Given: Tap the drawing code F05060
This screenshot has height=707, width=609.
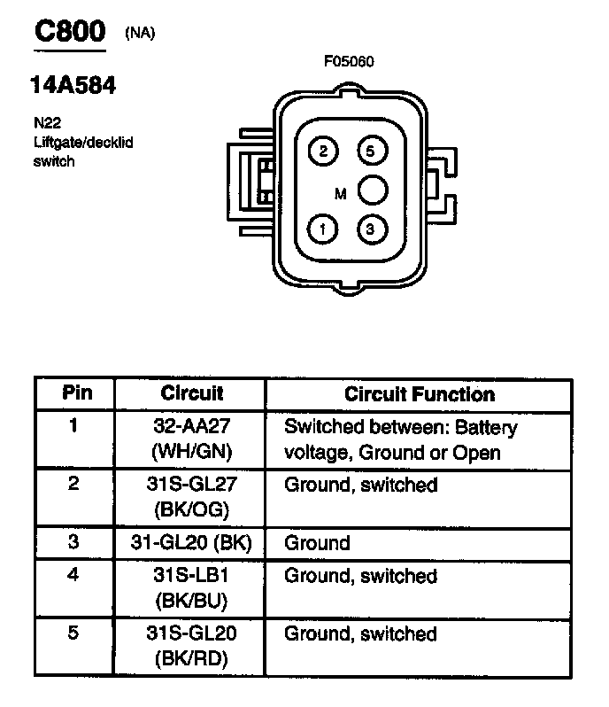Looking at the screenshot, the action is tap(350, 62).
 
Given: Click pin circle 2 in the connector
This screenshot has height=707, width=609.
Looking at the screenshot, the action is tap(323, 151).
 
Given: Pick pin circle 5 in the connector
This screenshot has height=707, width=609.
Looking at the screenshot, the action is tap(371, 151).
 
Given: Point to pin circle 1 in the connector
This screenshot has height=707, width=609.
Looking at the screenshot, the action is tap(323, 229).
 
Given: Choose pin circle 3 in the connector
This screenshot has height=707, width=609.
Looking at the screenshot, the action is tap(371, 229).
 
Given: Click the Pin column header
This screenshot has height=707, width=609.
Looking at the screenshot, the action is tap(75, 393).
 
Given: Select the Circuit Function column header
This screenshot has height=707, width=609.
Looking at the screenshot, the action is tap(420, 394).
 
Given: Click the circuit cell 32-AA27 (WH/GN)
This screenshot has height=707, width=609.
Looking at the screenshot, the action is tap(192, 439).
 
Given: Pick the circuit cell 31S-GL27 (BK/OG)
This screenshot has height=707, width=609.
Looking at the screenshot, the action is tap(192, 497).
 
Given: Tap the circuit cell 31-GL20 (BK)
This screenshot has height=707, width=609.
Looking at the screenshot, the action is tap(192, 543).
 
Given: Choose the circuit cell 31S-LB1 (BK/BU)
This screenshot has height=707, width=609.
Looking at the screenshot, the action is tap(192, 588).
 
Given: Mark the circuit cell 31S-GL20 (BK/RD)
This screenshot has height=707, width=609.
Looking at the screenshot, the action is tap(192, 646).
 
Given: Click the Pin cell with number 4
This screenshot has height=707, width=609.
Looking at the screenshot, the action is tap(74, 575).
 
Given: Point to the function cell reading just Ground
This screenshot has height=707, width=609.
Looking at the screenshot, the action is tap(317, 543).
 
